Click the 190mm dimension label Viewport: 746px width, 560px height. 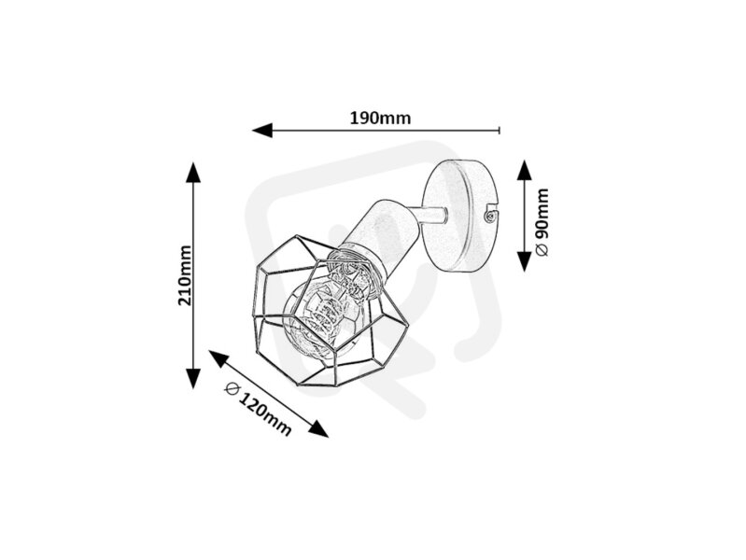pyautogui.click(x=380, y=118)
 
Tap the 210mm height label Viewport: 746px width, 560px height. pyautogui.click(x=185, y=275)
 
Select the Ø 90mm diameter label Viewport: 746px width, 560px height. pyautogui.click(x=542, y=222)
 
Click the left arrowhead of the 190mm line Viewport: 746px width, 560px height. pyautogui.click(x=262, y=130)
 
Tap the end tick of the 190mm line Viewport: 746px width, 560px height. pyautogui.click(x=500, y=130)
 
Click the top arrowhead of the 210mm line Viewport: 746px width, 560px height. pyautogui.click(x=192, y=172)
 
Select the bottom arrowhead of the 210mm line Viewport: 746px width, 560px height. pyautogui.click(x=192, y=379)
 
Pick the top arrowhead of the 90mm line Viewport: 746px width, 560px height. pyautogui.click(x=524, y=170)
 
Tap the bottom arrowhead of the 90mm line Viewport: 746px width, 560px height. pyautogui.click(x=524, y=261)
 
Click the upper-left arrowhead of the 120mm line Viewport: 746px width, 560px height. pyautogui.click(x=218, y=358)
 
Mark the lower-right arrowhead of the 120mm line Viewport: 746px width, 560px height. pyautogui.click(x=317, y=428)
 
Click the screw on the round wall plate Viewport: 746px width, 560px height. pyautogui.click(x=488, y=217)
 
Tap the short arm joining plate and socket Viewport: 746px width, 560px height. pyautogui.click(x=430, y=216)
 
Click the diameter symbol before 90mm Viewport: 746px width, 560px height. pyautogui.click(x=542, y=250)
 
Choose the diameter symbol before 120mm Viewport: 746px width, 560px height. pyautogui.click(x=232, y=388)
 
